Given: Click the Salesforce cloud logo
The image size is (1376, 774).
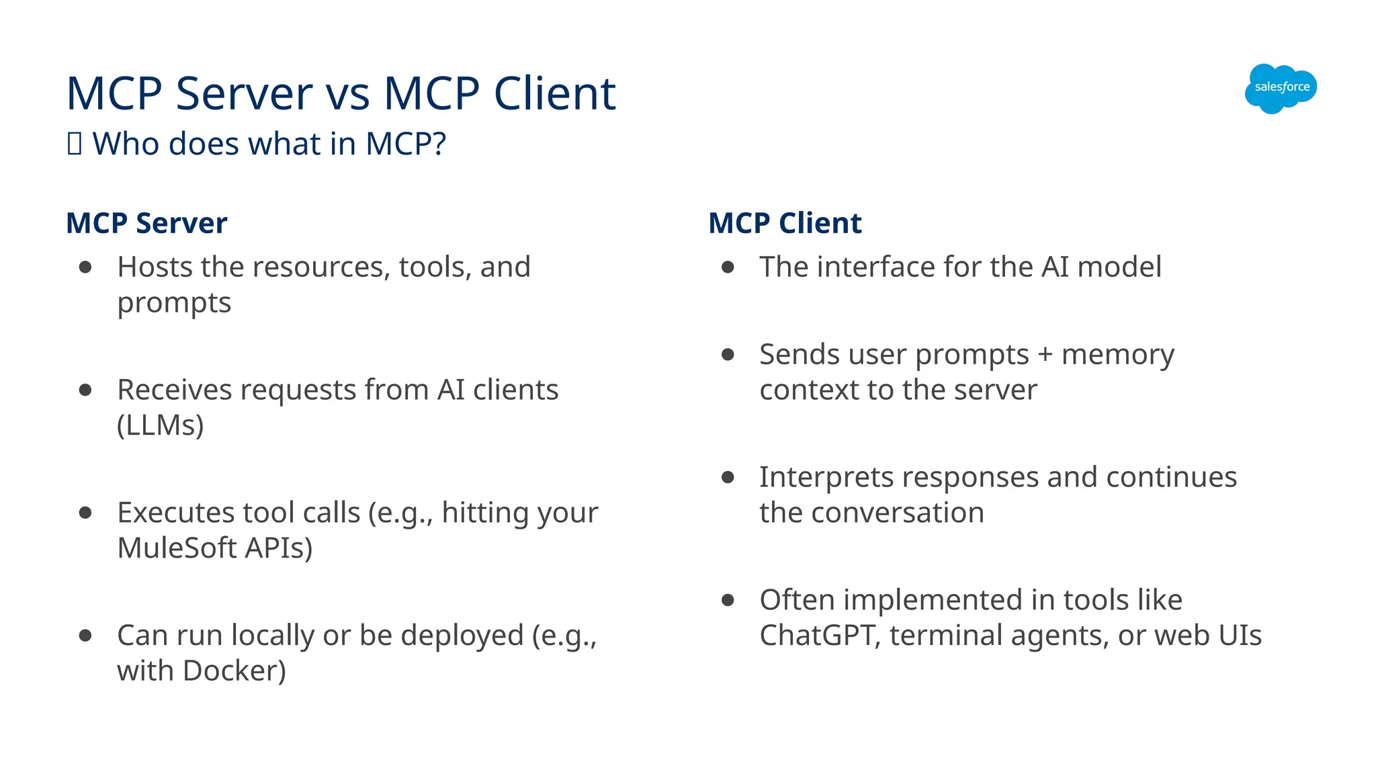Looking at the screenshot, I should point(1281,88).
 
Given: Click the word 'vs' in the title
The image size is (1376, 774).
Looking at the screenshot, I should point(348,93).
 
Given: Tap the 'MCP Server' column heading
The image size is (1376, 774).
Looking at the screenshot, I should point(146,223).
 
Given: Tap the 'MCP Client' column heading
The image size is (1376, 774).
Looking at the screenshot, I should point(785,223).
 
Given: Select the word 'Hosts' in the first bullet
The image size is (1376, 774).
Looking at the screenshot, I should point(155,267).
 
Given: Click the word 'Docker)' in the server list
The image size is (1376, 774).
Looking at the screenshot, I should point(234,671).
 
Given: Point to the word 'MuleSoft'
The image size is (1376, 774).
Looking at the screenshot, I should point(177,548).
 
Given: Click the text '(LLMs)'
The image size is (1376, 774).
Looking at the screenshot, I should point(160,425).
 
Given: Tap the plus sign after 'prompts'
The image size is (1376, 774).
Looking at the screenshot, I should point(1045,355).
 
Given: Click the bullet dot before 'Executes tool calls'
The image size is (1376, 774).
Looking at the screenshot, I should point(85,513).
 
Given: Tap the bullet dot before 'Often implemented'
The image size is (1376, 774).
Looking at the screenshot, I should point(728,600).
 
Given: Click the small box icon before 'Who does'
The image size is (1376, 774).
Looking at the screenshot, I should point(75,144).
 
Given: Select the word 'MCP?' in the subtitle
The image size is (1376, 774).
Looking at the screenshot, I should point(405,144).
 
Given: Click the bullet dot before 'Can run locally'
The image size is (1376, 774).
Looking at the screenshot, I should point(85,635).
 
